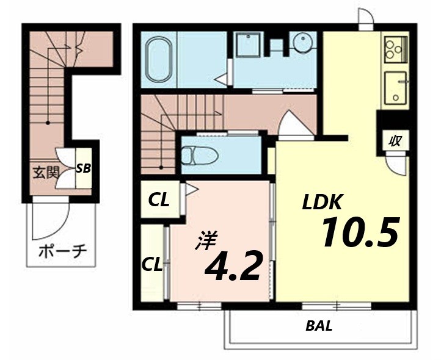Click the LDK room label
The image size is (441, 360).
tap(324, 202)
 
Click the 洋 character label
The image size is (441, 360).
tap(206, 240)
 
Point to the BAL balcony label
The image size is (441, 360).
tap(319, 326)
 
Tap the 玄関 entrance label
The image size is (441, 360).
tap(46, 171)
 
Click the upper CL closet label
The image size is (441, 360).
tap(159, 201)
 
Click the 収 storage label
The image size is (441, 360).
tap(395, 140)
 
